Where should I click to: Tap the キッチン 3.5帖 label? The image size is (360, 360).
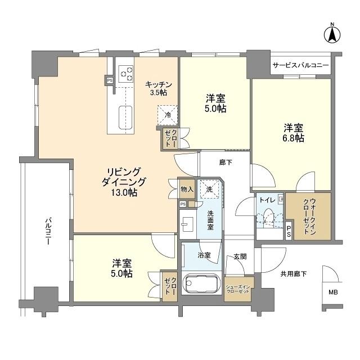coord(159,88)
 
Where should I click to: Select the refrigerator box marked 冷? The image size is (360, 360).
coord(168,115)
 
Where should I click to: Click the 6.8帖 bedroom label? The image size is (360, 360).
coord(293,132)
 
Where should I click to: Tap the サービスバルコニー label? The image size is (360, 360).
coord(300,66)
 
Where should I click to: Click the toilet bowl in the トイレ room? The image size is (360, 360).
coord(268,217)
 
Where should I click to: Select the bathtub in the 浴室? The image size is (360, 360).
coord(201,283)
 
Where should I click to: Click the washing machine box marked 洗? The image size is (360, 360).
coord(209,190)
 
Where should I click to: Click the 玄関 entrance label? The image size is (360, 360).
coord(240,256)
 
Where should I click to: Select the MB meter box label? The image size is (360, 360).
coord(334,292)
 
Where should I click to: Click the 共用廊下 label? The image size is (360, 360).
coord(294,274)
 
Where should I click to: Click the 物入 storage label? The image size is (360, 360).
coord(187,190)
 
